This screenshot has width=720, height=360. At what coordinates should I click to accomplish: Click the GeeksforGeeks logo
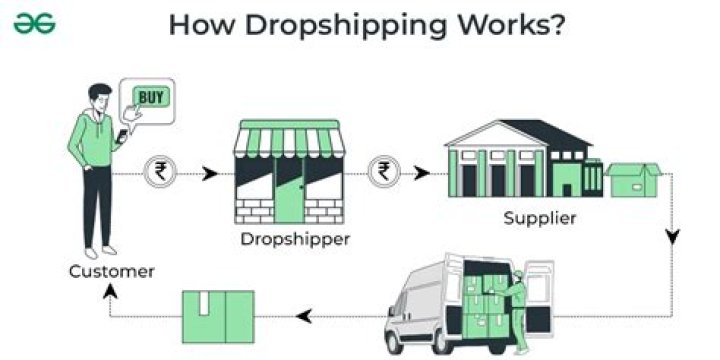[34, 23]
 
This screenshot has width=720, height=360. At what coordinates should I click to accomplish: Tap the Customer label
[112, 271]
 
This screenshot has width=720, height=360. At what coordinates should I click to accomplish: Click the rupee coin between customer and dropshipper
[158, 172]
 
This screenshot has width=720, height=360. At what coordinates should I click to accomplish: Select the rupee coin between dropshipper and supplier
[382, 172]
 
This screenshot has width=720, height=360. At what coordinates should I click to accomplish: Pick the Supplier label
[540, 217]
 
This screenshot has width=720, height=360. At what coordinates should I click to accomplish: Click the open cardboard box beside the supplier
[632, 181]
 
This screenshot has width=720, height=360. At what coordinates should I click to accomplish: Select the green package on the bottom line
[218, 316]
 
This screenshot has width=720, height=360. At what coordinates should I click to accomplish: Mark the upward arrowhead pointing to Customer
[110, 291]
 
